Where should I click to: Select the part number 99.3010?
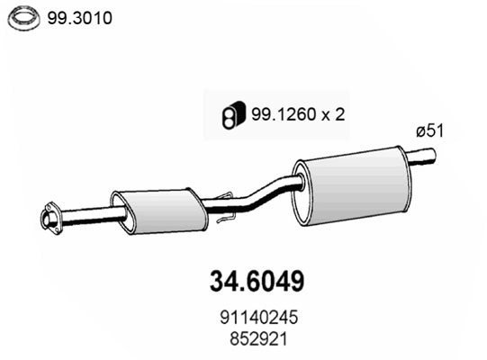click(x=80, y=16)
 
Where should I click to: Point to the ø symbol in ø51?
click(x=419, y=131)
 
